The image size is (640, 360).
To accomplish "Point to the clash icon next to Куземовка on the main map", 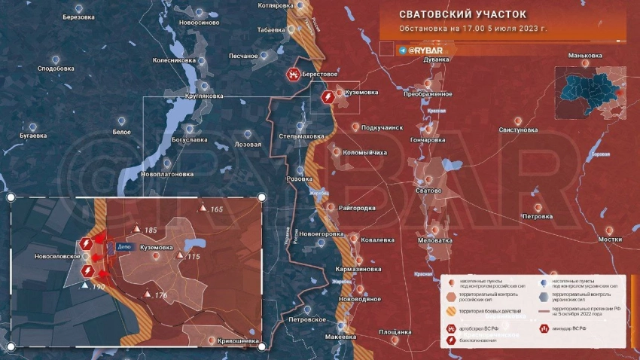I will tap(328, 97).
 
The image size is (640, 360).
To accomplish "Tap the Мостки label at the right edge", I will tap(610, 239).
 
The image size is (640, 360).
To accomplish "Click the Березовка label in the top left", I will tap(79, 17).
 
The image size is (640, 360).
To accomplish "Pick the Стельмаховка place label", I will tap(301, 136).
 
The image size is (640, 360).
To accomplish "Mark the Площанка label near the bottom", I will tap(395, 331).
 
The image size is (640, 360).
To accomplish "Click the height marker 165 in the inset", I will tap(216, 209).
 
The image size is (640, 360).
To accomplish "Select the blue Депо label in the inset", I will tap(125, 246).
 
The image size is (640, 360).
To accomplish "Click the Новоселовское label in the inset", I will tap(57, 256).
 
